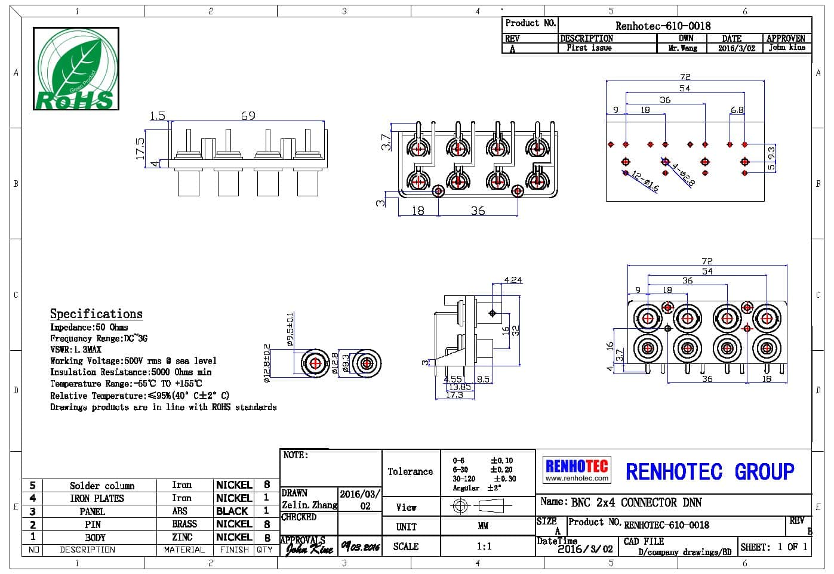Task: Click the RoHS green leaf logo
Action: (76, 69)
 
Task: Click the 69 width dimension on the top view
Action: (248, 116)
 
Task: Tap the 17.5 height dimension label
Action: (140, 148)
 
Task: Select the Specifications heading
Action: (96, 314)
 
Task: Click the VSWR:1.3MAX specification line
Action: (76, 350)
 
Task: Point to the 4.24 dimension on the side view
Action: (513, 279)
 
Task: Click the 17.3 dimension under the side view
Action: (454, 395)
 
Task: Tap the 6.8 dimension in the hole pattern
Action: (737, 110)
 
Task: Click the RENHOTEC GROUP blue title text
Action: (710, 471)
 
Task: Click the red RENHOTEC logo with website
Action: (577, 469)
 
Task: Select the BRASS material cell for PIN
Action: (184, 524)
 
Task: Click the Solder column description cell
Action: (102, 486)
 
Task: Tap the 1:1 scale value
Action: (484, 546)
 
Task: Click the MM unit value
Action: (484, 526)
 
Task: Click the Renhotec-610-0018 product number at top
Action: (663, 26)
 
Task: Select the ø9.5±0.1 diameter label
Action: (291, 329)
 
